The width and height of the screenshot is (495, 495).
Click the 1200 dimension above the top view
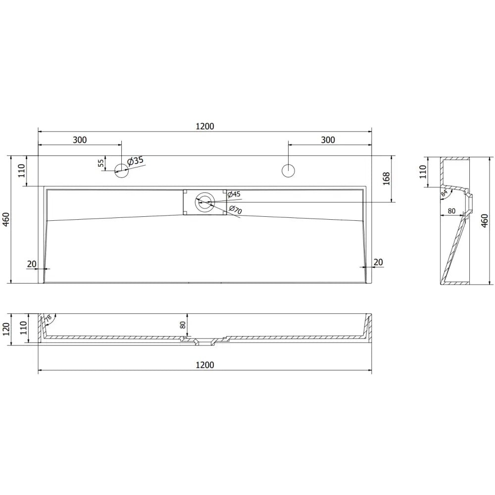coord(204,126)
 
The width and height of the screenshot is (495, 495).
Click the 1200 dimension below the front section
coord(204,365)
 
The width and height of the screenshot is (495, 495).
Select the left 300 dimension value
coord(80,140)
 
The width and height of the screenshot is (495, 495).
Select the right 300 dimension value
coord(328,140)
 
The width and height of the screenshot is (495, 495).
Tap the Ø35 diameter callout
coord(135,161)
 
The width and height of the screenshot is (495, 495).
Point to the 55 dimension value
coord(101,163)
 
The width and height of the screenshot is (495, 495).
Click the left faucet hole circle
coord(121,171)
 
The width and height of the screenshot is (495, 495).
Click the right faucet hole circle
coord(288,171)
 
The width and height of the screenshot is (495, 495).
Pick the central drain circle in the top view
coord(204,202)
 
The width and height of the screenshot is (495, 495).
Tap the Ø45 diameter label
coord(234,195)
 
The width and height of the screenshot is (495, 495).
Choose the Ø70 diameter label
coord(235,210)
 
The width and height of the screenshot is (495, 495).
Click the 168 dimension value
coord(387,179)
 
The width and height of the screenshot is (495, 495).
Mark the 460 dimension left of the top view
coord(6,219)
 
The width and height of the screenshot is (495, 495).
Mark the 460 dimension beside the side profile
coord(485,221)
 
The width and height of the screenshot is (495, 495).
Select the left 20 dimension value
coord(32,263)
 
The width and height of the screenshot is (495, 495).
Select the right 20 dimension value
coord(378,262)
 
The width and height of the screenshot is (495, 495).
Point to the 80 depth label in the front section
coord(183,325)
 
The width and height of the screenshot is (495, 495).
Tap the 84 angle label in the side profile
coord(445,194)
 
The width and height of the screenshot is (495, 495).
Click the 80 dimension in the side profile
coord(451,210)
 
